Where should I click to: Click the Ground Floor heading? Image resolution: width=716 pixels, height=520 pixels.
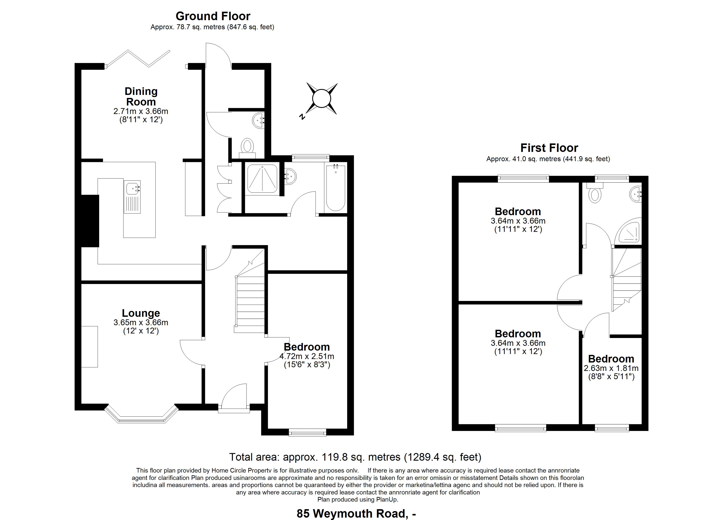(213, 16)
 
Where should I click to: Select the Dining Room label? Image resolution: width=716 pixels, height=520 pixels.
(141, 96)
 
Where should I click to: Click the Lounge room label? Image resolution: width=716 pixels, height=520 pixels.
(141, 313)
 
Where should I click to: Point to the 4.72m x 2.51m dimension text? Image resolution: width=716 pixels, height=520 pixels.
(307, 356)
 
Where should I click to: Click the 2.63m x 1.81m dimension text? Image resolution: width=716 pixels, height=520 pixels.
(611, 368)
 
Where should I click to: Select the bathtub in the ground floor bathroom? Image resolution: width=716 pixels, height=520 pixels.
(336, 188)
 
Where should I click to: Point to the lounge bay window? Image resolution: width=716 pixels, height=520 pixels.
(141, 414)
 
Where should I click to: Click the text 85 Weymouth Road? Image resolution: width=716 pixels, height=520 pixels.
(351, 513)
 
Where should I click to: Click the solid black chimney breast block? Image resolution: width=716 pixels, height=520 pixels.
(90, 221)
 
